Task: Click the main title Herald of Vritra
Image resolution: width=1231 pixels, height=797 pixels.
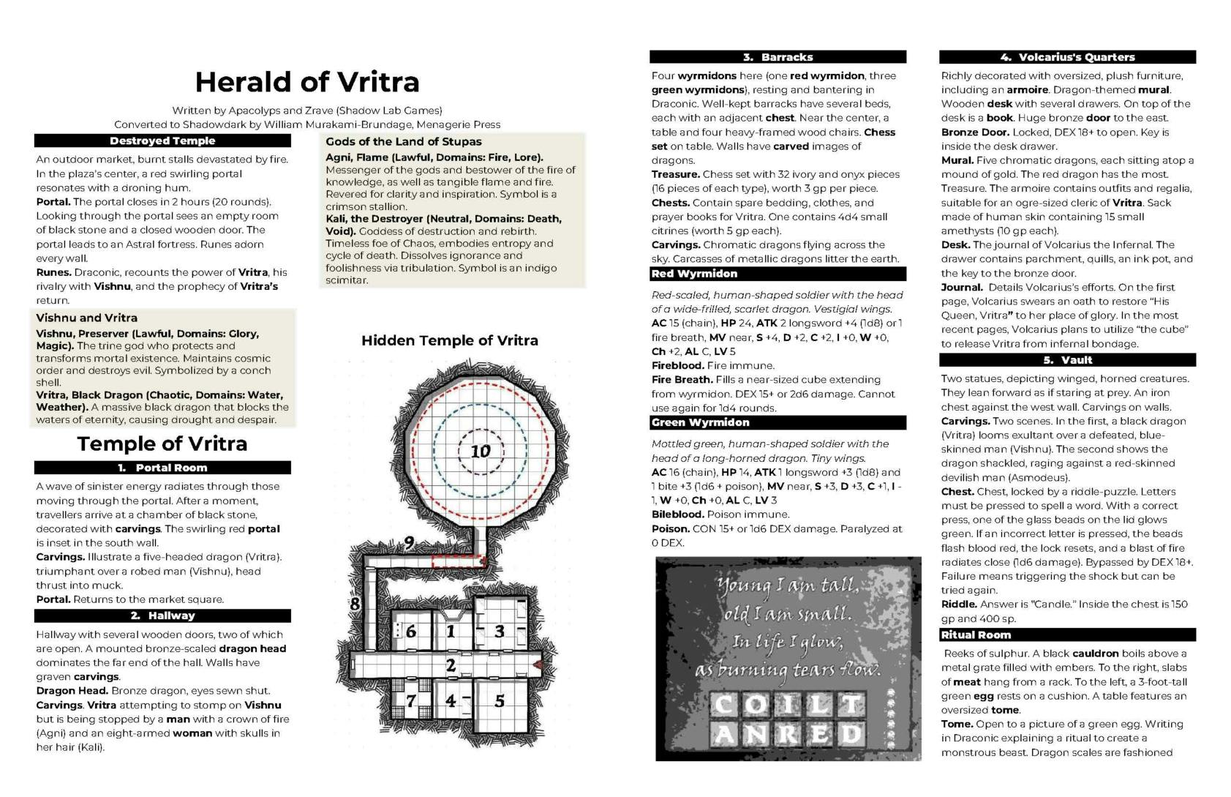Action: tap(307, 82)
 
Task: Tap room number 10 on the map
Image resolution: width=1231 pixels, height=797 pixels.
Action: tap(480, 451)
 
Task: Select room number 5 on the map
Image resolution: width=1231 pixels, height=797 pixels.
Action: tap(500, 700)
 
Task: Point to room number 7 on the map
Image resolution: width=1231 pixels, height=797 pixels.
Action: tap(411, 700)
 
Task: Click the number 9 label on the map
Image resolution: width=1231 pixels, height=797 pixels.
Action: tap(408, 542)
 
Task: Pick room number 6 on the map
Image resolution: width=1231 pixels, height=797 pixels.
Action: tap(410, 631)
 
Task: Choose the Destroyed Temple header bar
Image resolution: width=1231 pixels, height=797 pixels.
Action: tap(162, 141)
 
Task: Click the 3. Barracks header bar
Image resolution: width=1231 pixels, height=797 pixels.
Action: tap(778, 57)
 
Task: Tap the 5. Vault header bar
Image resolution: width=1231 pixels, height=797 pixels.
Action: tap(1067, 360)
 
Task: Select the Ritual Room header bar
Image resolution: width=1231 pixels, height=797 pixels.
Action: tap(1067, 635)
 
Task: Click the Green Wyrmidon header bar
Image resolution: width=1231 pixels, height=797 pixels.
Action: tap(778, 422)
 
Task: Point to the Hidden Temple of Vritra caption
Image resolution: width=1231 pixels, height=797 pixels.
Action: tap(449, 340)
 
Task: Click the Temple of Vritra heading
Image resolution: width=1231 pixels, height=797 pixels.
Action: tap(162, 444)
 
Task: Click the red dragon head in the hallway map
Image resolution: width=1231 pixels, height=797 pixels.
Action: tap(538, 665)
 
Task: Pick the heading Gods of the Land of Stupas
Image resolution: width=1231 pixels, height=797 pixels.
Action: tap(404, 141)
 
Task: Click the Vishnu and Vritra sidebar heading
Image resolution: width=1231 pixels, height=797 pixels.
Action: tap(87, 318)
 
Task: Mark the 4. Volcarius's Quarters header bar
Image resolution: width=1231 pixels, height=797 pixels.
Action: tap(1067, 57)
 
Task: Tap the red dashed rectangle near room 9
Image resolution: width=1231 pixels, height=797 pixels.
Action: tap(458, 561)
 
